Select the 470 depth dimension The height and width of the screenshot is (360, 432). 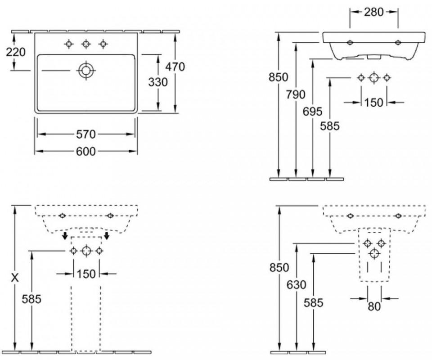(175, 67)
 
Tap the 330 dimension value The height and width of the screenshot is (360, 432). (158, 82)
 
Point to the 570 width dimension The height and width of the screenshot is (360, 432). (85, 134)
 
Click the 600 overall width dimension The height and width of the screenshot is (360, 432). (85, 152)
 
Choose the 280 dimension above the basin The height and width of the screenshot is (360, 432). (374, 12)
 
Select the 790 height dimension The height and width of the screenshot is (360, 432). (296, 94)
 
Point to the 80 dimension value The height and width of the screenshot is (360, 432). (374, 306)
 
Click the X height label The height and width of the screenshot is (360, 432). (15, 278)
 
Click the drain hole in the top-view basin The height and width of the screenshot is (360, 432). (85, 70)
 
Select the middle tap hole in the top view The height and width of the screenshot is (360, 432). (85, 44)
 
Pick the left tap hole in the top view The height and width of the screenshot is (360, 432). (69, 44)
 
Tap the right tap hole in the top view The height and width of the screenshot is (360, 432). (103, 44)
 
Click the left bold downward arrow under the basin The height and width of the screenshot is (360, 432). (65, 236)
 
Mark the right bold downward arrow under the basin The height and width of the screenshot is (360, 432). (107, 236)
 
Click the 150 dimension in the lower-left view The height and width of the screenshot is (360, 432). (85, 273)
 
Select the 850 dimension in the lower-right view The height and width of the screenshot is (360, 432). (279, 267)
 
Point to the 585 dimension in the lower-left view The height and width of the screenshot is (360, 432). (31, 299)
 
